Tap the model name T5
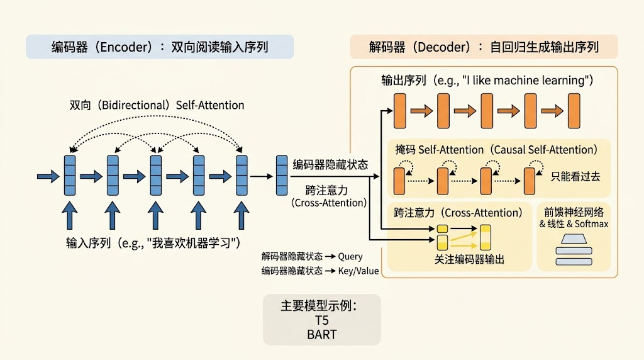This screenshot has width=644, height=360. (x=321, y=320)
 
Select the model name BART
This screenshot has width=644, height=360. (x=321, y=335)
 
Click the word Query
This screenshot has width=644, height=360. (x=350, y=257)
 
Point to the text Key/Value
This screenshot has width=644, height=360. (x=358, y=271)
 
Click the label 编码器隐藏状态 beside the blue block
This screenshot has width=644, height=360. (x=330, y=165)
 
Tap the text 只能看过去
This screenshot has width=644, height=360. (x=575, y=177)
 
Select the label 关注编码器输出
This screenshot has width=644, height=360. (x=469, y=260)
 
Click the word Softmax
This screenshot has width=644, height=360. (x=591, y=224)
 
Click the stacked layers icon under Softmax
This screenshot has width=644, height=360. (x=574, y=250)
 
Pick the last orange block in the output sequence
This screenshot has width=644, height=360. (x=574, y=111)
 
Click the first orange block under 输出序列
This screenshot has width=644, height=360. (x=399, y=111)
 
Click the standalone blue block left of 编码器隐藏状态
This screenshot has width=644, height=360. (x=282, y=176)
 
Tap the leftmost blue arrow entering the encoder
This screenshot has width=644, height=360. (x=48, y=177)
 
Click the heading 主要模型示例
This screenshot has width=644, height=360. (x=319, y=306)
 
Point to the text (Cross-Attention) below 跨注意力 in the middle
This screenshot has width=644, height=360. (x=329, y=203)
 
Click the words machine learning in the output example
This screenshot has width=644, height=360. (x=538, y=81)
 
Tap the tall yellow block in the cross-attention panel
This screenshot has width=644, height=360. (x=486, y=237)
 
